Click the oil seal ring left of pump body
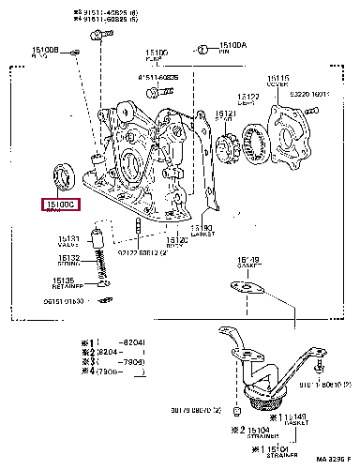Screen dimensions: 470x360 pyautogui.click(x=63, y=174)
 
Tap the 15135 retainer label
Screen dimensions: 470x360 pyautogui.click(x=63, y=280)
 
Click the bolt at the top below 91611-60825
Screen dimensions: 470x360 pyautogui.click(x=97, y=35)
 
